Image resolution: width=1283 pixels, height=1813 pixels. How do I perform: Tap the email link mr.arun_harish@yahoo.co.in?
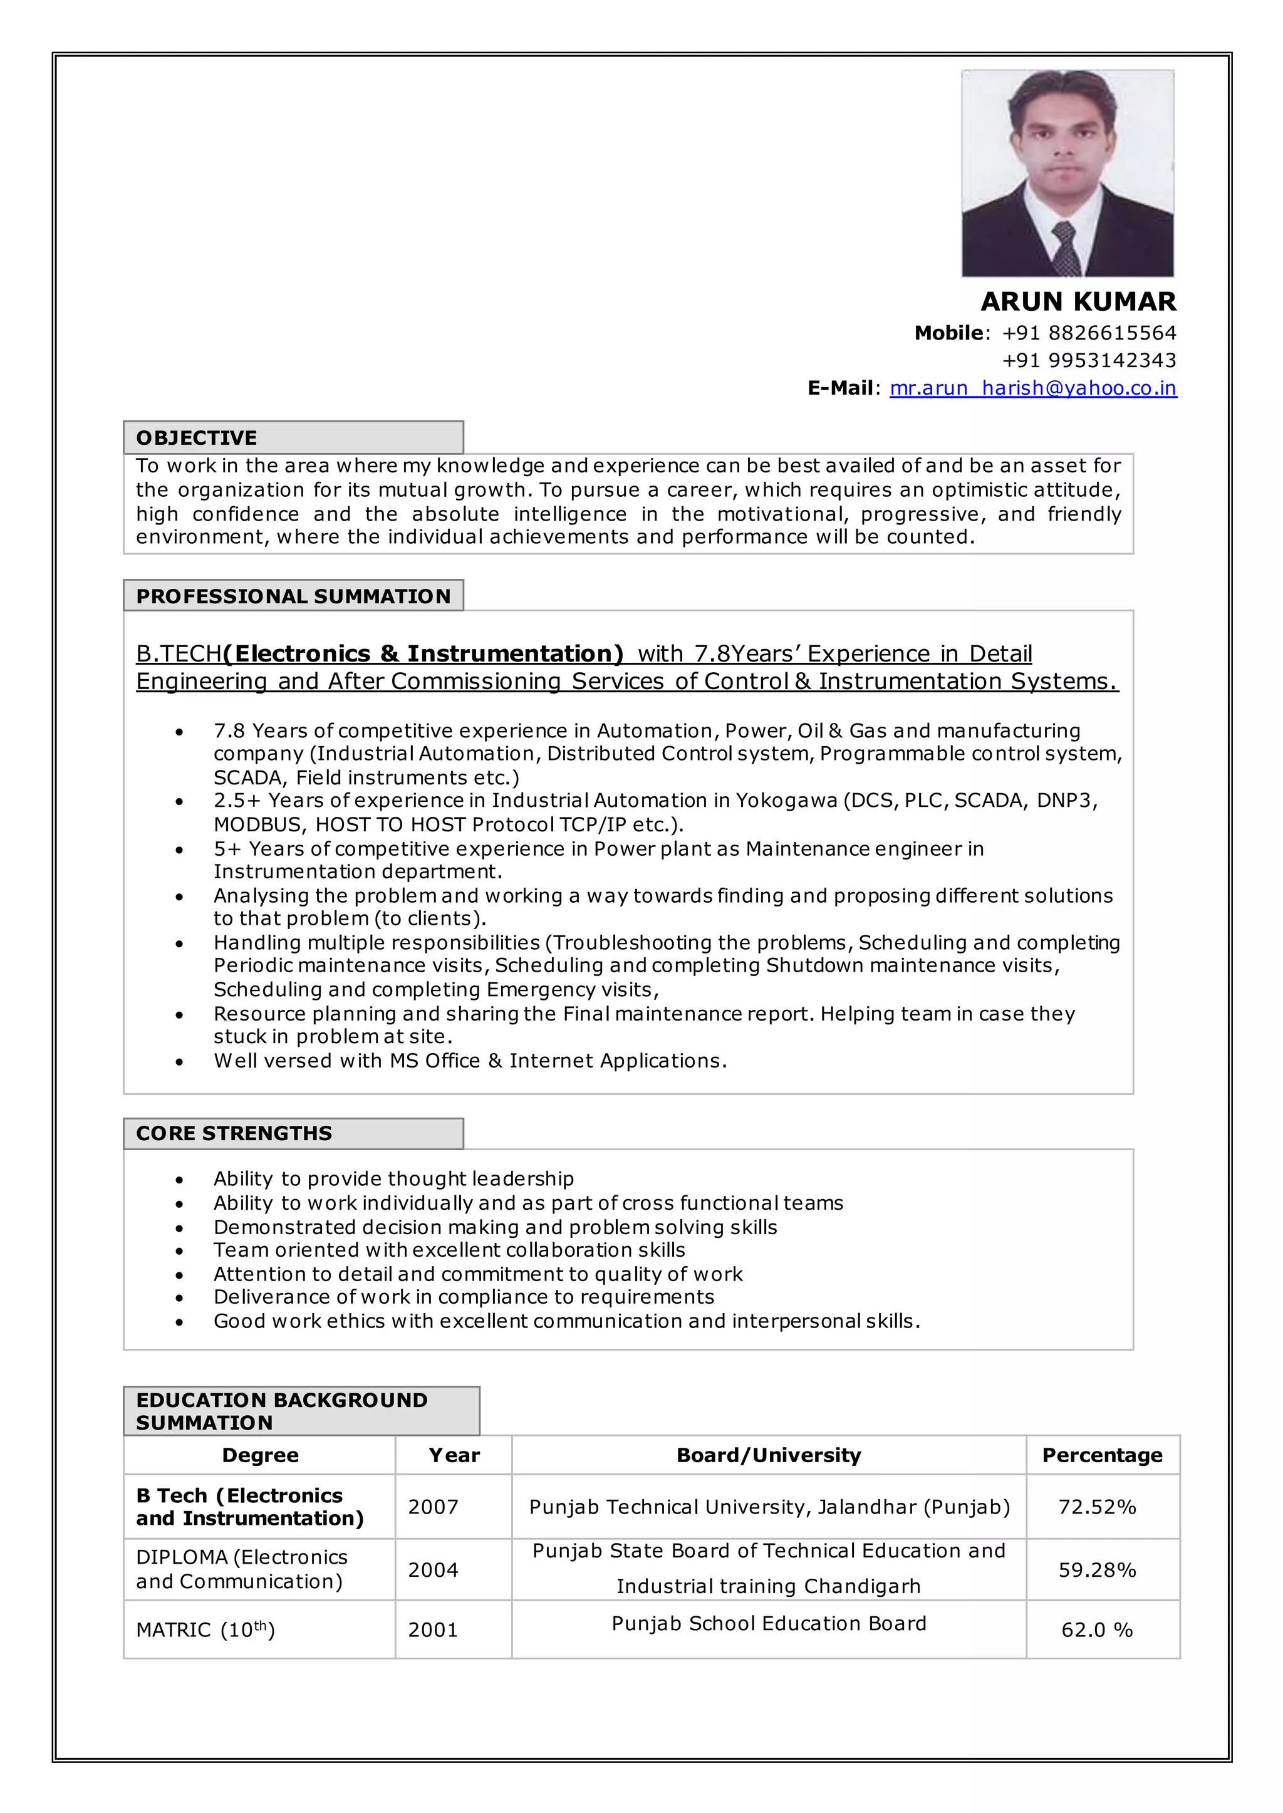pos(1032,388)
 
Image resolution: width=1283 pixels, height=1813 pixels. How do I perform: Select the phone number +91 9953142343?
pos(1089,360)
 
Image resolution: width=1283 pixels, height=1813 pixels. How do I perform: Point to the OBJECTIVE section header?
pos(197,438)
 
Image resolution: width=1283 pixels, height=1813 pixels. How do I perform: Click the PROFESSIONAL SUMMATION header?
pos(293,596)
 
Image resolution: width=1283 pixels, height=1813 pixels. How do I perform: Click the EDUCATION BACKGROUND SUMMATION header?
pos(281,1411)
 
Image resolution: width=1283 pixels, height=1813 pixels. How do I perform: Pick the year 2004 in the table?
pos(433,1570)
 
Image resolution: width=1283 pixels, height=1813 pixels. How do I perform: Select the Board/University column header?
pos(768,1455)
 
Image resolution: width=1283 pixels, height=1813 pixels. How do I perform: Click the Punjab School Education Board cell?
pos(768,1623)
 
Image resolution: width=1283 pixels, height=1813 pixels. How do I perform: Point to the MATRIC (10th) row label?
pos(205,1629)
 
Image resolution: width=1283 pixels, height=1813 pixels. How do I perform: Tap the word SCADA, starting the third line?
pos(247,778)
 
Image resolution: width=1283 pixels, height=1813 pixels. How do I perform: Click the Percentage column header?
pos(1101,1455)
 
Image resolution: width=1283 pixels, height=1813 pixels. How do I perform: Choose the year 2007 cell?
pos(433,1507)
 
